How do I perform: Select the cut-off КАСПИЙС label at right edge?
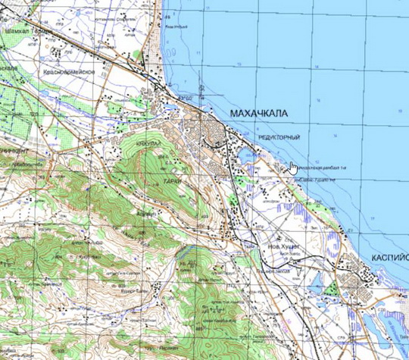(x=390, y=258)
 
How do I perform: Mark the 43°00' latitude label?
(x=184, y=99)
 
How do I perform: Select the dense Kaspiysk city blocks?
(x=356, y=273)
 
